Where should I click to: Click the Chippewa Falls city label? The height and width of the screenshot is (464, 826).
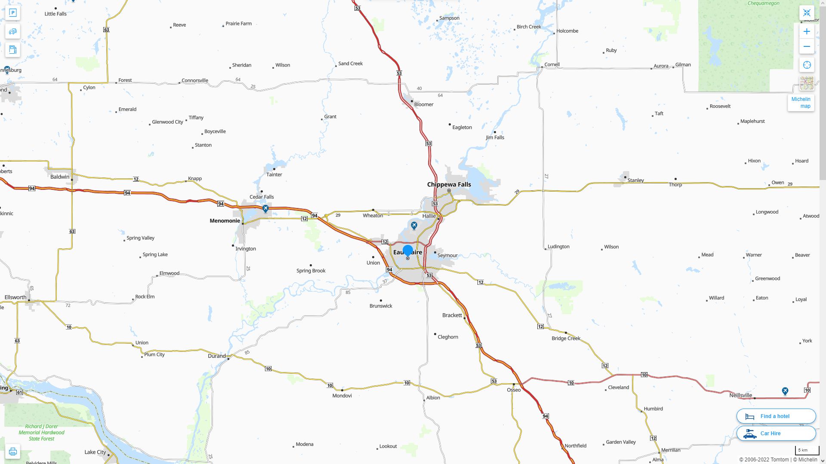(449, 185)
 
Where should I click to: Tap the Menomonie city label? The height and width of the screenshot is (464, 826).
(225, 221)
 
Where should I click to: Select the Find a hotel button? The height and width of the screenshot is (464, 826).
(776, 416)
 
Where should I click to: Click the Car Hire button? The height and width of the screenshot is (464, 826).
(776, 433)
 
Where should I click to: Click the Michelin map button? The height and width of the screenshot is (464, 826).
(801, 103)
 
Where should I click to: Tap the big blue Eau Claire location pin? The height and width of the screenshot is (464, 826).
(408, 250)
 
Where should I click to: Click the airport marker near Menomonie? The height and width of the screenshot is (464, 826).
(265, 209)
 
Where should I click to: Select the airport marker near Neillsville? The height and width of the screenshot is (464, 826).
(785, 391)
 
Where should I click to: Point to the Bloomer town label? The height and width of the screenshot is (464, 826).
(424, 104)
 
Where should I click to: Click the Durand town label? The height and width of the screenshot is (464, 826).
(216, 356)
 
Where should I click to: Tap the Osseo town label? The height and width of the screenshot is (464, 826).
(514, 390)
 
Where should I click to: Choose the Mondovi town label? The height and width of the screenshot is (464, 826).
(342, 396)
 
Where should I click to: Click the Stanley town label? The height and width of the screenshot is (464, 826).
(635, 180)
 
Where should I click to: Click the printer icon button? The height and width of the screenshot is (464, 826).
(13, 452)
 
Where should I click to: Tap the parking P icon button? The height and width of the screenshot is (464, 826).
(13, 13)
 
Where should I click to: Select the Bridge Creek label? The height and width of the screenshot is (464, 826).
(566, 339)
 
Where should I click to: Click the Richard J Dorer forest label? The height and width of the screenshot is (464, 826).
(42, 433)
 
